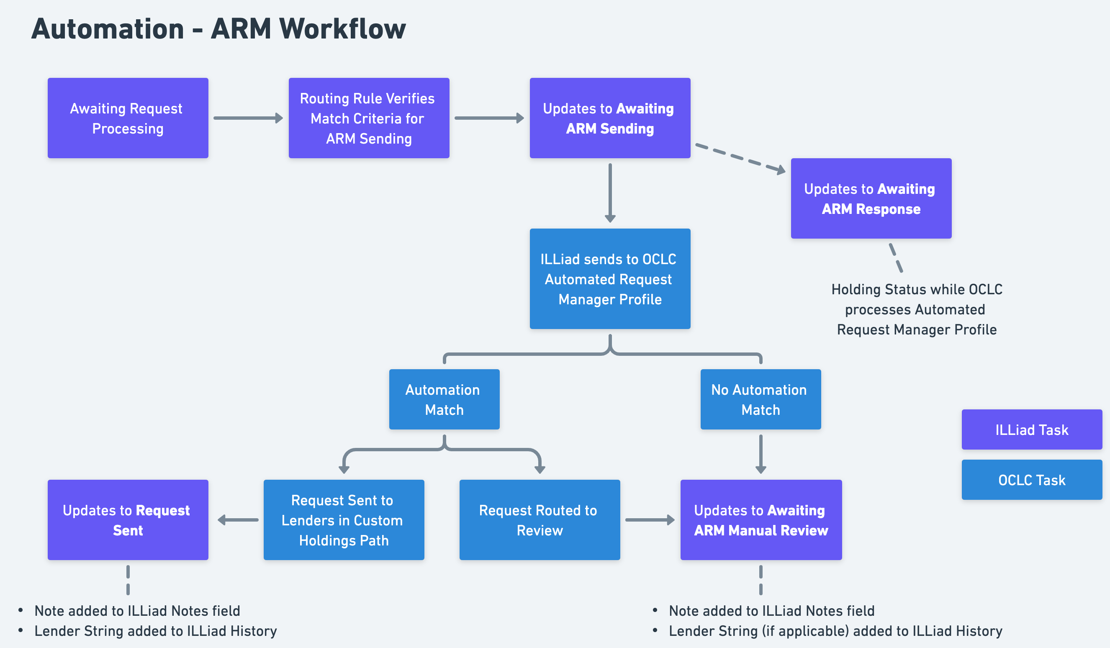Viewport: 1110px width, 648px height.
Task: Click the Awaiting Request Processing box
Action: [x=128, y=118]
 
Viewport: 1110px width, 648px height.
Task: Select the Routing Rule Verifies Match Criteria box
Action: [x=369, y=118]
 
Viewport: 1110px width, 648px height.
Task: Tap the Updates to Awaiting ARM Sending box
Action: [x=609, y=118]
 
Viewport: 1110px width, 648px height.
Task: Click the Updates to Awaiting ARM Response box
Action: [x=871, y=198]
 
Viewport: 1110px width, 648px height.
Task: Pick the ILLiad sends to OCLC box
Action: [x=609, y=278]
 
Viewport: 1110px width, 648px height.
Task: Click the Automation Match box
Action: [x=444, y=399]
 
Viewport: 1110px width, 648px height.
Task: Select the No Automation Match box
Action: [x=760, y=399]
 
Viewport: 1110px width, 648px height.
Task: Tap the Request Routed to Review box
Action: [x=539, y=520]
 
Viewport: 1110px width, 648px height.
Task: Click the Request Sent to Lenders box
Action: [x=344, y=520]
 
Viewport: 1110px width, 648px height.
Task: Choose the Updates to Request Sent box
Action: [x=128, y=520]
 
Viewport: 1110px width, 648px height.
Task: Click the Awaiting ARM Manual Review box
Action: [x=761, y=520]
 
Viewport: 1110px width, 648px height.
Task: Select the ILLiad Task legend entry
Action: [x=1032, y=429]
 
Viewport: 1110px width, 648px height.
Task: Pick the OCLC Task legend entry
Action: [x=1032, y=480]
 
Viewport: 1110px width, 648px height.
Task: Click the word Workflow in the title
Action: [x=342, y=29]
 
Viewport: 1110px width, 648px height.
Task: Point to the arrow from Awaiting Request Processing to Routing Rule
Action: [x=247, y=118]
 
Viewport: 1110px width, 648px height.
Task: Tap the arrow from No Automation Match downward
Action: [x=761, y=454]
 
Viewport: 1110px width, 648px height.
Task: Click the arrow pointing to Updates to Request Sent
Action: [x=238, y=520]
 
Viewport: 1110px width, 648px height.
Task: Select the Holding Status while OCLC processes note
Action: [x=916, y=309]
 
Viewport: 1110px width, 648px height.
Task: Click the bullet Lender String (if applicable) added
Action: [x=835, y=631]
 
